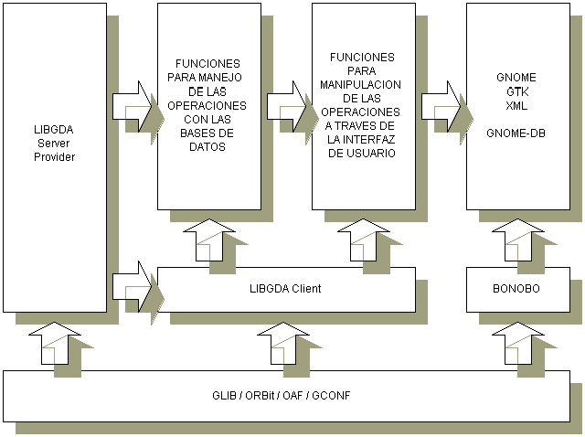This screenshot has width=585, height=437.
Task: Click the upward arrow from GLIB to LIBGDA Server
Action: pyautogui.click(x=54, y=346)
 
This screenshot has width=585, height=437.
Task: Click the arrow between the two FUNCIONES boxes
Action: pyautogui.click(x=287, y=102)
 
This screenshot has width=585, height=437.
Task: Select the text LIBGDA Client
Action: pyautogui.click(x=285, y=289)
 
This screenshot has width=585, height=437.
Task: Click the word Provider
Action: pyautogui.click(x=54, y=157)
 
